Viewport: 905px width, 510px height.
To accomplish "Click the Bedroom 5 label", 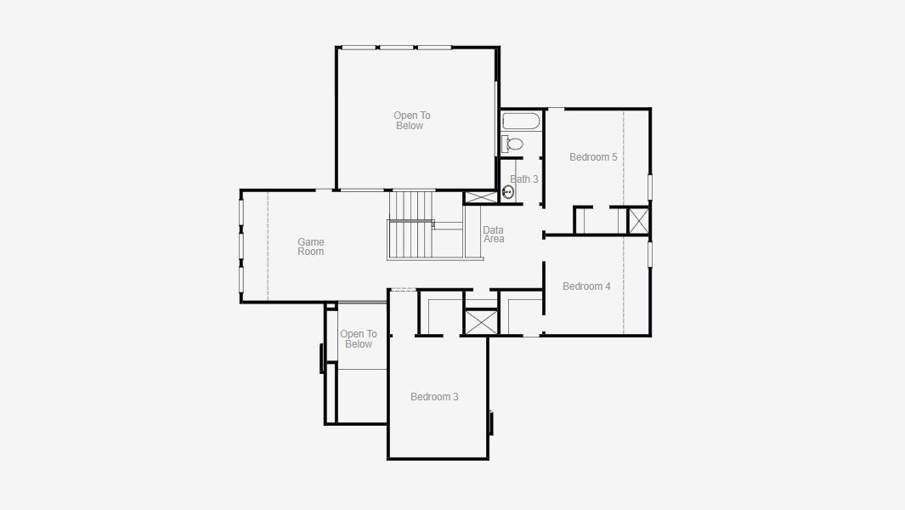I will tap(593, 157).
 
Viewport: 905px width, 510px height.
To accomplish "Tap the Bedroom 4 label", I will tap(586, 286).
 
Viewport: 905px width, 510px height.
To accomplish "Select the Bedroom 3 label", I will tap(434, 397).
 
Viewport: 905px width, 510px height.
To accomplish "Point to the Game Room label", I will tap(310, 246).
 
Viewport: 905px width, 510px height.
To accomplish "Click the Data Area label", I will tap(494, 235).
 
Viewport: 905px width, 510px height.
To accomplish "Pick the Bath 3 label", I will tap(524, 179).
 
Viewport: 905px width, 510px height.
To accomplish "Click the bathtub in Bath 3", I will tap(521, 121).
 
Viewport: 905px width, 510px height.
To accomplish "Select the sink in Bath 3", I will tap(508, 192).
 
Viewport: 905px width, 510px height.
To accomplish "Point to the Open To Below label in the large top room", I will tap(411, 121).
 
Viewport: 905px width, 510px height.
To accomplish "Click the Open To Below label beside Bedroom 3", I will tap(359, 339).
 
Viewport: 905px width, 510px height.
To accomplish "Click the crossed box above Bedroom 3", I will tap(480, 322).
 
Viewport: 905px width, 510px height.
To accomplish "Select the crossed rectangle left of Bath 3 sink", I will tap(481, 197).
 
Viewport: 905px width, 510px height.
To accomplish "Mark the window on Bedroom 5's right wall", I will tap(650, 187).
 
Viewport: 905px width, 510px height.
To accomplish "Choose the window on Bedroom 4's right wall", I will tap(650, 254).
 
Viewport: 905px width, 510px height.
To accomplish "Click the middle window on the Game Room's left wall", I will tap(241, 246).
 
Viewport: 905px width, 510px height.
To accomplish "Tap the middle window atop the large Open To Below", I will tap(397, 48).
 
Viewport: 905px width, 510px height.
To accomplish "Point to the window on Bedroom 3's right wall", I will tap(490, 422).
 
